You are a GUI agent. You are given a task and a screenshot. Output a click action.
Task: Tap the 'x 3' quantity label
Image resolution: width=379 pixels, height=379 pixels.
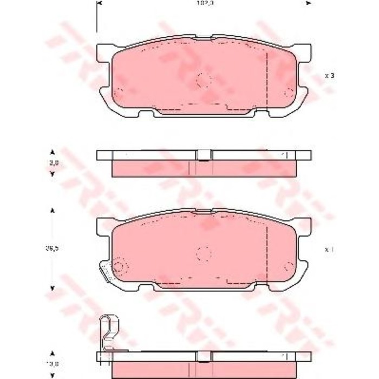329,76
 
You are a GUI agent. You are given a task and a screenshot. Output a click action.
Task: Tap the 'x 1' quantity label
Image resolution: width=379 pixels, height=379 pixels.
329,250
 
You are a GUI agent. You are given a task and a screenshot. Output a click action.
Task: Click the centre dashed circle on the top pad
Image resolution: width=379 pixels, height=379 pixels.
203,80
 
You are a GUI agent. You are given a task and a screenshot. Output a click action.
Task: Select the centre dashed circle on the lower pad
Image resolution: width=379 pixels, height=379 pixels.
203,253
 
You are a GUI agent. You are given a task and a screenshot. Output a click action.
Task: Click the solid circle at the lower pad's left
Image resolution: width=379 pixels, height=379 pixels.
119,266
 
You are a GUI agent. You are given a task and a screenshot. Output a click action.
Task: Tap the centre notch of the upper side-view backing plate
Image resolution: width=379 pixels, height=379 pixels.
204,156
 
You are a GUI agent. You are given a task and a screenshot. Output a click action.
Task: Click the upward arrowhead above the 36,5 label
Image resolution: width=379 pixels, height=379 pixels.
52,211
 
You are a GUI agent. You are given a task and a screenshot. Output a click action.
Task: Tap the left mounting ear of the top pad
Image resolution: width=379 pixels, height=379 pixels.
103,54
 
